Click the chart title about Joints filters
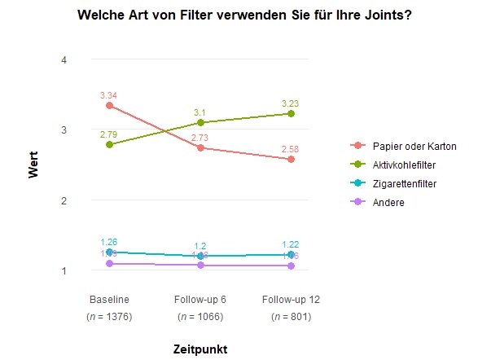243,15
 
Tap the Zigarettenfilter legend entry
404,184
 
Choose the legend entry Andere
388,203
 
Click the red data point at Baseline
109,106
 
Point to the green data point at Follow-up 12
291,114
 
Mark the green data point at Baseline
109,145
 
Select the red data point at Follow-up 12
291,160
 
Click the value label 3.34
109,96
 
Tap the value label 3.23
291,103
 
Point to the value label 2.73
200,138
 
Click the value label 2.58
291,149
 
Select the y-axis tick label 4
64,59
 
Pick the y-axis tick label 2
64,200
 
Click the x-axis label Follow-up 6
200,298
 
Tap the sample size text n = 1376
109,316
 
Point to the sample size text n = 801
291,316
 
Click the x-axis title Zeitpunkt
200,349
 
